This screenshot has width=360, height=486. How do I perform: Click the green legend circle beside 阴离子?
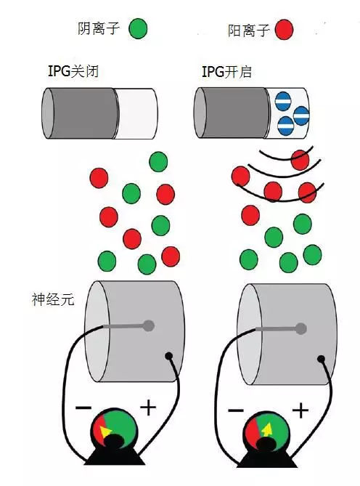pos(138,28)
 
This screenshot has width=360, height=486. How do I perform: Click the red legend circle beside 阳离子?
pos(284,30)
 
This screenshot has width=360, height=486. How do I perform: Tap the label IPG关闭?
pos(73,71)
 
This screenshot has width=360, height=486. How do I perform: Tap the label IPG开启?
pos(226,72)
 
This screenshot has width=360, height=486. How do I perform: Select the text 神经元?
pos(53,299)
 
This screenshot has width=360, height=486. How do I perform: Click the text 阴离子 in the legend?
pos(99,28)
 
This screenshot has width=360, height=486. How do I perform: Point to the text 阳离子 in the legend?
pos(248,31)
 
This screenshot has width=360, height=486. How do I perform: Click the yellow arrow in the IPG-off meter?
pos(105,431)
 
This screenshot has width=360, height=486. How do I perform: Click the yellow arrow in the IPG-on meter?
pos(267,429)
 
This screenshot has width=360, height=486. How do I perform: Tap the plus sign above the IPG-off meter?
pos(148,408)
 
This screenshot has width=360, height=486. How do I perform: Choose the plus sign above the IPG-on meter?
pos(300,410)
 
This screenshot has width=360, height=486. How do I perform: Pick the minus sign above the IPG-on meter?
pos(236,410)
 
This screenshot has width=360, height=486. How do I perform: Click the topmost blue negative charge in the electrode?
pos(283,101)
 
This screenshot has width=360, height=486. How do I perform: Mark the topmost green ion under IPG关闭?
pos(158,161)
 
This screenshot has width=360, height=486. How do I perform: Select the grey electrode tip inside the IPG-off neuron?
pos(149,325)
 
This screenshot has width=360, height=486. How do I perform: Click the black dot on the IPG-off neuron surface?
pos(169,356)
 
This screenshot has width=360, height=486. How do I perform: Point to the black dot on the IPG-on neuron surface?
pos(322,359)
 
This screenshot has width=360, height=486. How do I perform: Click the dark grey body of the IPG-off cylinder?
pos(82,113)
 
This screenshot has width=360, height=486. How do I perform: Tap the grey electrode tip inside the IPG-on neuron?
pos(300,328)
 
